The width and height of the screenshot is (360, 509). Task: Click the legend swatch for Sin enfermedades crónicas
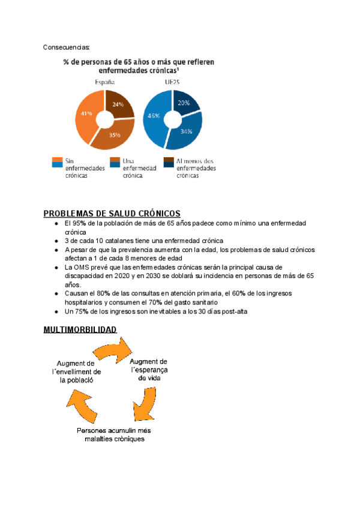58,161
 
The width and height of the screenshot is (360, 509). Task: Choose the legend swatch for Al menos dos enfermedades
169,161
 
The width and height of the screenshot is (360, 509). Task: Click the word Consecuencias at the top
67,47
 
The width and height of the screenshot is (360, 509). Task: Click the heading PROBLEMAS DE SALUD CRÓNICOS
112,214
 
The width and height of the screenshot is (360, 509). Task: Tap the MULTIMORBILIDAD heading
80,330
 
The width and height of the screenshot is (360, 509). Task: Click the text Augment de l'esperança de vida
148,369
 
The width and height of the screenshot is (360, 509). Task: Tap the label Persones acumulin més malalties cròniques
114,434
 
